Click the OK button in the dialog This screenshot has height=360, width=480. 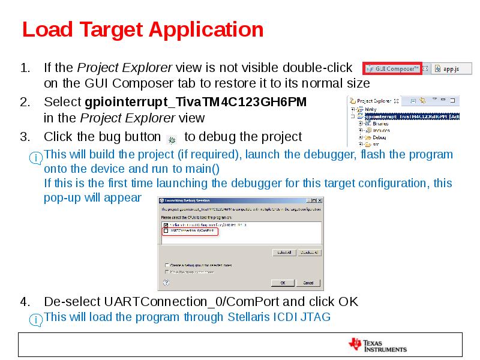(x=283, y=283)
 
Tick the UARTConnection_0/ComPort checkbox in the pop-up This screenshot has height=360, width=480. (x=166, y=230)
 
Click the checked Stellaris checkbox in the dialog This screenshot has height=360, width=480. (x=166, y=224)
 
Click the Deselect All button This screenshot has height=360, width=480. (x=309, y=253)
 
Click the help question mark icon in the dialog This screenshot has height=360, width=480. (x=166, y=282)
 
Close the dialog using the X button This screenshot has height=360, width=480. (x=319, y=200)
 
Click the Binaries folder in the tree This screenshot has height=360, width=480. (x=380, y=124)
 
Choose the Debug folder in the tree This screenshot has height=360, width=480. (x=379, y=137)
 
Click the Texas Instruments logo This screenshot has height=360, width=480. (x=377, y=344)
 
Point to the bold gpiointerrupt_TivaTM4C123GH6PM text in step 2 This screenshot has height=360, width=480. (x=196, y=102)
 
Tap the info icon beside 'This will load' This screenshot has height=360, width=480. (x=37, y=320)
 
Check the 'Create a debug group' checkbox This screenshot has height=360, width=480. (x=167, y=265)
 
